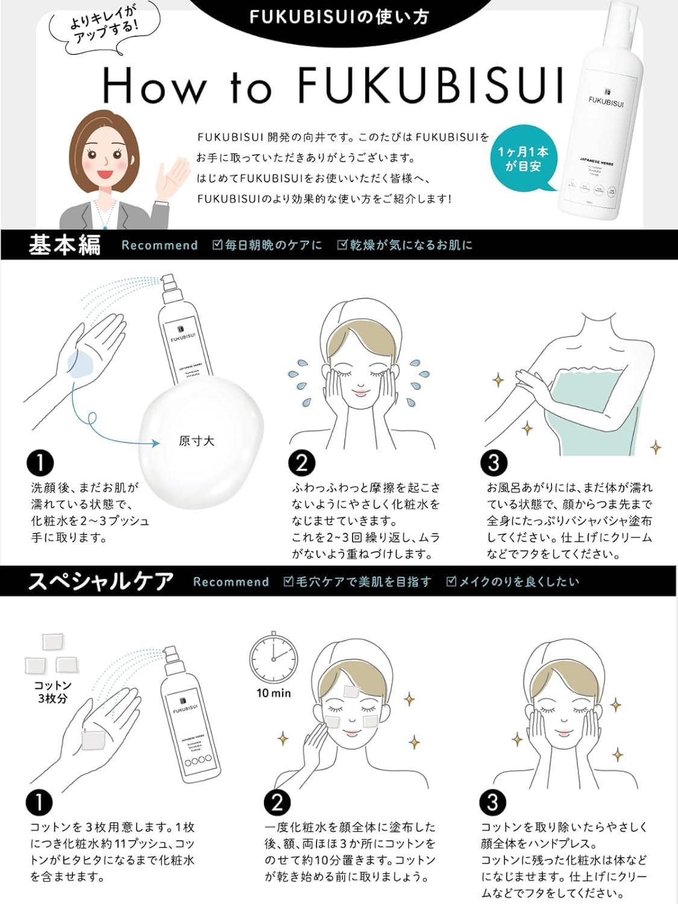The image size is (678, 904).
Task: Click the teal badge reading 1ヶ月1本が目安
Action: click(x=523, y=159)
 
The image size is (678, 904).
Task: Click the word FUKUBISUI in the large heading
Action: click(x=430, y=86)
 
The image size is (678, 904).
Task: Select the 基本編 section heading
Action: click(x=64, y=245)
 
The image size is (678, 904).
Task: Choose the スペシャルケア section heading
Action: click(x=101, y=582)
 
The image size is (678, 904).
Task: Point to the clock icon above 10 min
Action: click(x=274, y=658)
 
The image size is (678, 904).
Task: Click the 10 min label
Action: click(x=274, y=693)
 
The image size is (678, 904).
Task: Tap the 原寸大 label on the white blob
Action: click(x=196, y=441)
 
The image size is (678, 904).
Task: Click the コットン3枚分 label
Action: click(x=52, y=692)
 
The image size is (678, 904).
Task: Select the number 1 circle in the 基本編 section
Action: click(x=40, y=463)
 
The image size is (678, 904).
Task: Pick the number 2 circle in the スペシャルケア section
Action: click(x=277, y=803)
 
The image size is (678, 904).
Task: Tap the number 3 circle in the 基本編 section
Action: click(x=494, y=463)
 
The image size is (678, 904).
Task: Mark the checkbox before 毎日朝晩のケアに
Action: click(x=218, y=245)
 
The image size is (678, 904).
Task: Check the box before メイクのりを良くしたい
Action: click(x=451, y=582)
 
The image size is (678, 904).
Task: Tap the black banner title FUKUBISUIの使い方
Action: click(x=339, y=16)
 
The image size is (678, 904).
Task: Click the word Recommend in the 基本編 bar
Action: click(x=160, y=245)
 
